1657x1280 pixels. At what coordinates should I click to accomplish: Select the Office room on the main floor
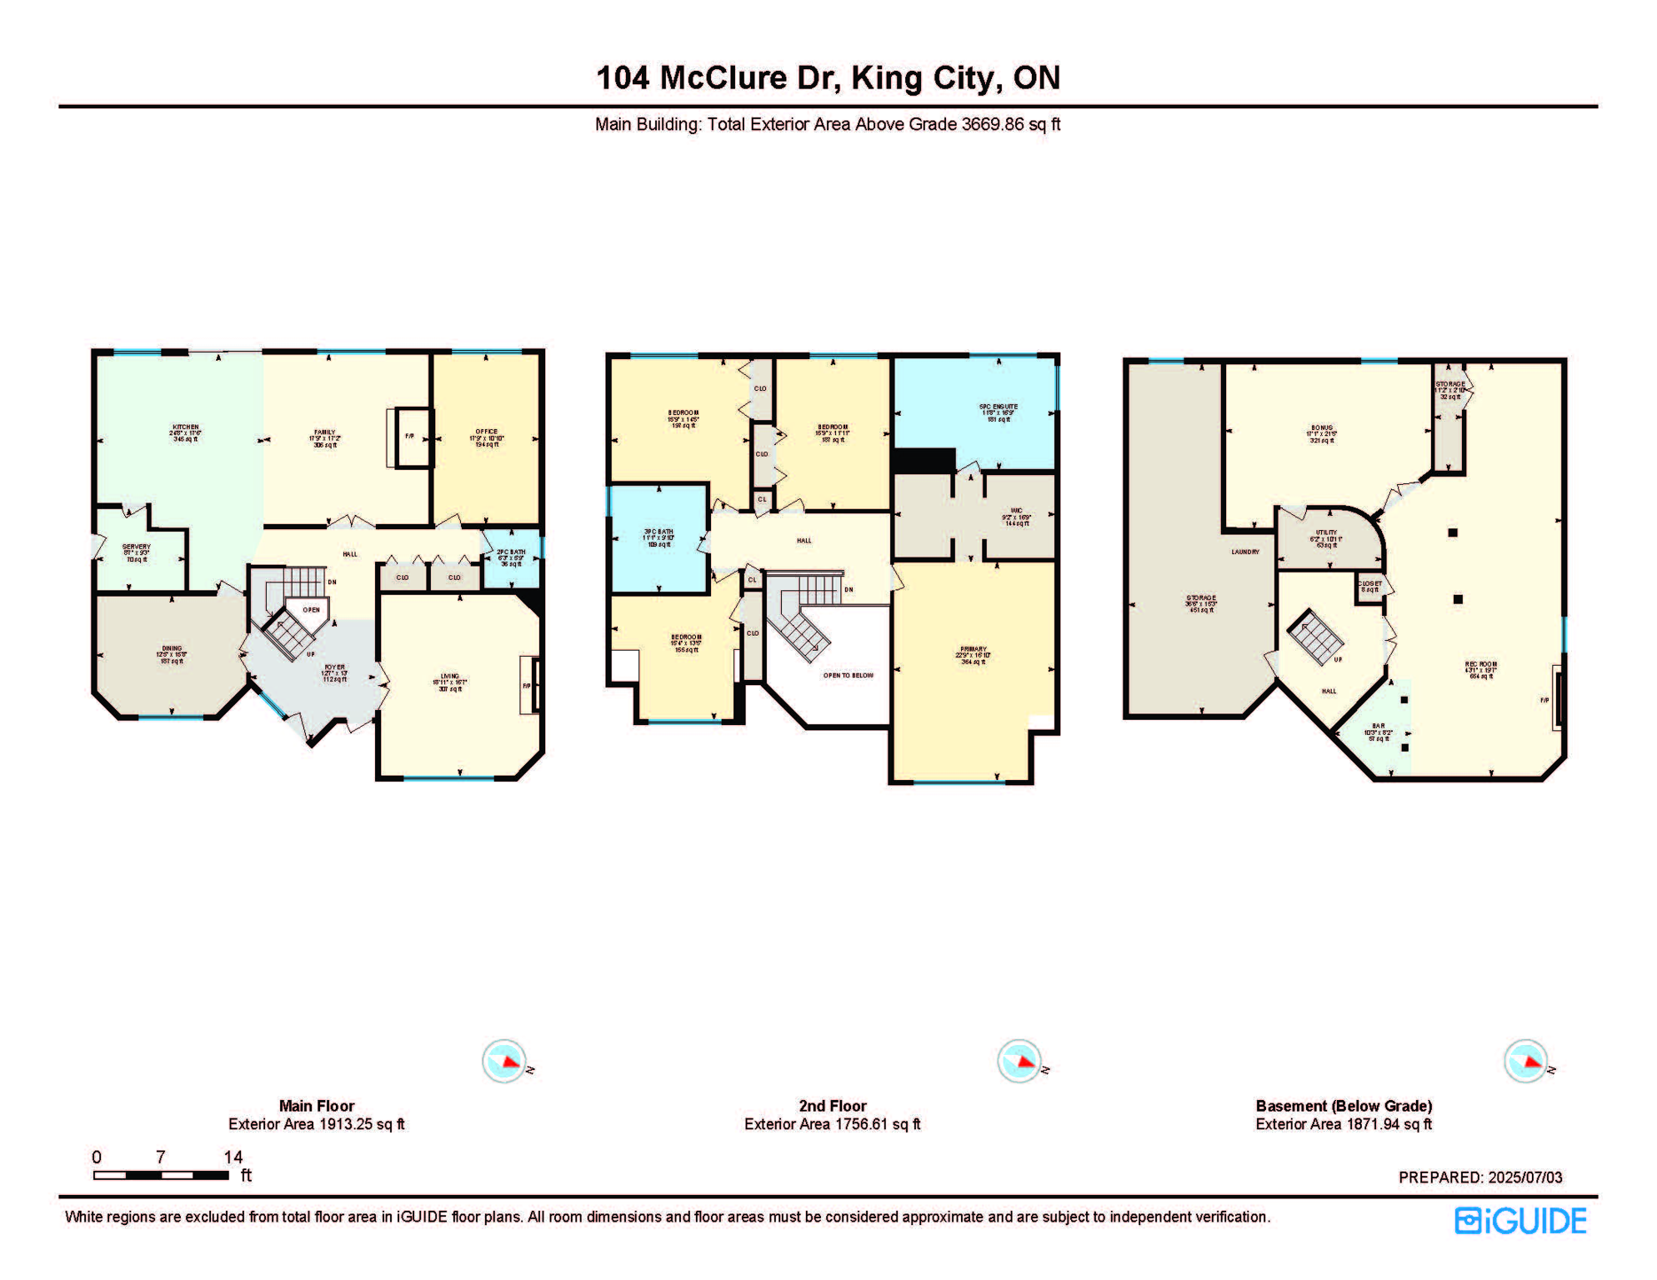click(x=487, y=437)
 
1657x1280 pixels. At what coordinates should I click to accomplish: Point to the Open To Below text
click(x=848, y=675)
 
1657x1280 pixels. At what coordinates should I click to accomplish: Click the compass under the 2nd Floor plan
click(x=1019, y=1062)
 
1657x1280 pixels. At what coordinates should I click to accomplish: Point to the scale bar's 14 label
click(x=233, y=1157)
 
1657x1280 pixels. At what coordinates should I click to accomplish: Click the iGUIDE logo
click(x=1520, y=1221)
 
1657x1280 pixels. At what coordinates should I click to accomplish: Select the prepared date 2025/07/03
click(x=1525, y=1177)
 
